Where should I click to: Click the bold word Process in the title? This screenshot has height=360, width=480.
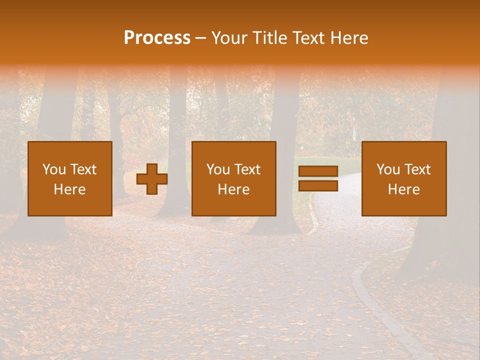[157, 37]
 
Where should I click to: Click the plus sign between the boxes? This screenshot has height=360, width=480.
[152, 179]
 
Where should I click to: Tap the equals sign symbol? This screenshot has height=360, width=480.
[318, 178]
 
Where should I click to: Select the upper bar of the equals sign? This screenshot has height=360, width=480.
[318, 171]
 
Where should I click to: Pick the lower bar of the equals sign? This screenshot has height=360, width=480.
[318, 185]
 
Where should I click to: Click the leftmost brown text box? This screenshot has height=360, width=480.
[69, 178]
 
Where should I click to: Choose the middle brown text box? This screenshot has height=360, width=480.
[233, 178]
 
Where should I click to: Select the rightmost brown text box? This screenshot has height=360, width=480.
[403, 178]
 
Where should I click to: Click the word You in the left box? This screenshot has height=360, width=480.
[54, 169]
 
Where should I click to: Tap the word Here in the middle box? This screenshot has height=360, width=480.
[233, 189]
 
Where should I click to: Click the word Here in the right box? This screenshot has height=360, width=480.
[403, 189]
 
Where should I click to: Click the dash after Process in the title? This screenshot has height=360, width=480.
[200, 38]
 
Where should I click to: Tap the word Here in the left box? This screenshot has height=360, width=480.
[69, 189]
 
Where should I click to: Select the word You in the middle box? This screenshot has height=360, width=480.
[218, 169]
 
